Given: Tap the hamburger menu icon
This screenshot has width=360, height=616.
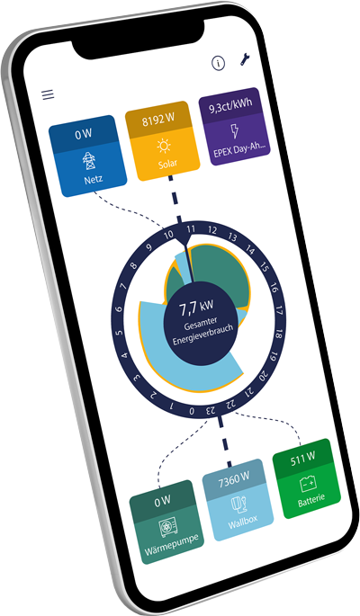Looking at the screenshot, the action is [48, 94].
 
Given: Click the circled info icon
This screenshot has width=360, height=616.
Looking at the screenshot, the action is [218, 63].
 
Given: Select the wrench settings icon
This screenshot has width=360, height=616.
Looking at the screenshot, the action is [245, 58].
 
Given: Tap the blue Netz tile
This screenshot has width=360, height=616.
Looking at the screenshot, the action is [87, 156].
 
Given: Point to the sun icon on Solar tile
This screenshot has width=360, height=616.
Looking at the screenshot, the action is [164, 147].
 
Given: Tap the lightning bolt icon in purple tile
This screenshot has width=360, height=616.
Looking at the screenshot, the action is [235, 130].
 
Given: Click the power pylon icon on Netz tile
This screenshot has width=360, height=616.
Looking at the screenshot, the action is [89, 161].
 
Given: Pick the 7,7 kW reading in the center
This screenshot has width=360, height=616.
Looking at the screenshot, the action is [196, 308].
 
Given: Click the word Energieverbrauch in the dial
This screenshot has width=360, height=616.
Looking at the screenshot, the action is [202, 335].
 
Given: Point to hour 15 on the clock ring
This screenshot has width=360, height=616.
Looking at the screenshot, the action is [264, 268].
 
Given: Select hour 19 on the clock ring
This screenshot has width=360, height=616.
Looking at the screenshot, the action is [274, 357].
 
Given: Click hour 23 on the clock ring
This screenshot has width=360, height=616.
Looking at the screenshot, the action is [211, 411].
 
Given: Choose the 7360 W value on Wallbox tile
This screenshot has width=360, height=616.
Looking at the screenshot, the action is [234, 479].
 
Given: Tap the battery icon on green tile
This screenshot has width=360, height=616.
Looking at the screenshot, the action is [308, 484].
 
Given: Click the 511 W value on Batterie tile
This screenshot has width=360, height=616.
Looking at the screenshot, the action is [302, 459].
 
